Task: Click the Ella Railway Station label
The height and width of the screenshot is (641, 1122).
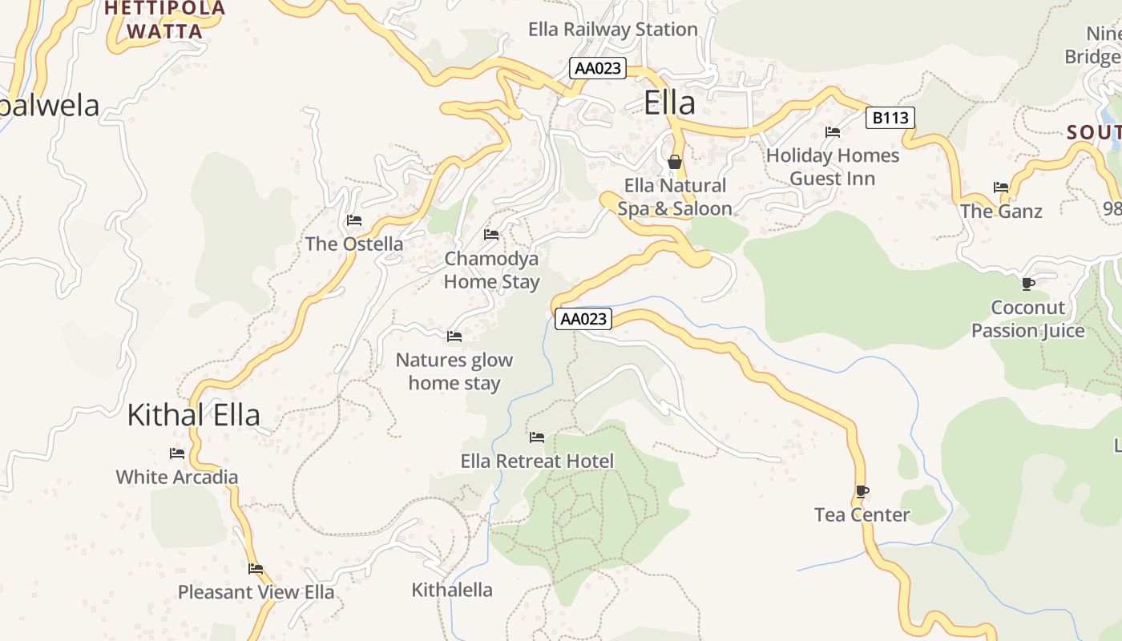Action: tap(612, 30)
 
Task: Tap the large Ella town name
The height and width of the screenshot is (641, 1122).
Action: tap(669, 103)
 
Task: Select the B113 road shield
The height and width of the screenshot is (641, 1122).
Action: tap(890, 119)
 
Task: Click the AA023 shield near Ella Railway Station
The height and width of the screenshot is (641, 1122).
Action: tap(598, 68)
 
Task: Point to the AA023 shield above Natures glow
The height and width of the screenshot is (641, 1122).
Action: tap(583, 319)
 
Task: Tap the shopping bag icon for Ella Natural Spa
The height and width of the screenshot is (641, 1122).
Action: tap(675, 163)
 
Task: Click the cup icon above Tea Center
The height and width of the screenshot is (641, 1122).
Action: tap(862, 491)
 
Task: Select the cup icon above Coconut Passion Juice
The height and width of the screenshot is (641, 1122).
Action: tap(1028, 284)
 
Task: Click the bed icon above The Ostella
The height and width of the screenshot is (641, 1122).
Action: tap(354, 220)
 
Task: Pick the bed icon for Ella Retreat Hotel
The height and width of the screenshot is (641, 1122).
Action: tap(537, 437)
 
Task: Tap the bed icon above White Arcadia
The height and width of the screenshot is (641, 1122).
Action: tap(177, 454)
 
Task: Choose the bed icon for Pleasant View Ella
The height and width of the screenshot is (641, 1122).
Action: tap(256, 569)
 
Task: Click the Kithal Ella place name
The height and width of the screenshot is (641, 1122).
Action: tap(194, 415)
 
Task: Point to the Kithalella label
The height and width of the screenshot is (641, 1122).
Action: tap(452, 591)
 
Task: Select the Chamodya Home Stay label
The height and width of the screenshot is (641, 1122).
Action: tap(491, 270)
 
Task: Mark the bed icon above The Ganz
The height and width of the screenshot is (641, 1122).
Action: tap(1001, 187)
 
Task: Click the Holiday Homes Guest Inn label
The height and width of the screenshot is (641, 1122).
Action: tap(833, 167)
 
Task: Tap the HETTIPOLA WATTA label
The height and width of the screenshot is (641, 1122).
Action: tap(165, 20)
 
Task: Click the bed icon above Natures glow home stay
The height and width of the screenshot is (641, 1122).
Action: tap(454, 337)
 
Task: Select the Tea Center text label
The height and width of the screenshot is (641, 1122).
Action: tap(862, 515)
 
